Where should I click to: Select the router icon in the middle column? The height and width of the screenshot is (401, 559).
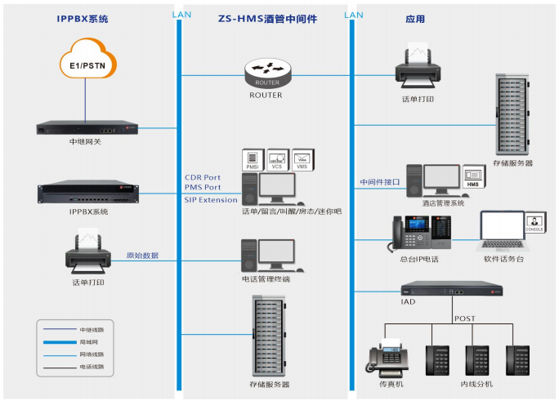click(266, 74)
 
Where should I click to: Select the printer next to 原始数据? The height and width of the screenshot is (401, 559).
click(88, 255)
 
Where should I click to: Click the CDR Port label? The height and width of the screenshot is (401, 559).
click(203, 177)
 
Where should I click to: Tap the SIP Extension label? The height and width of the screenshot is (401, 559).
click(211, 199)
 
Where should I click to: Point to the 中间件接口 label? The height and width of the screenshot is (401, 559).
click(380, 182)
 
